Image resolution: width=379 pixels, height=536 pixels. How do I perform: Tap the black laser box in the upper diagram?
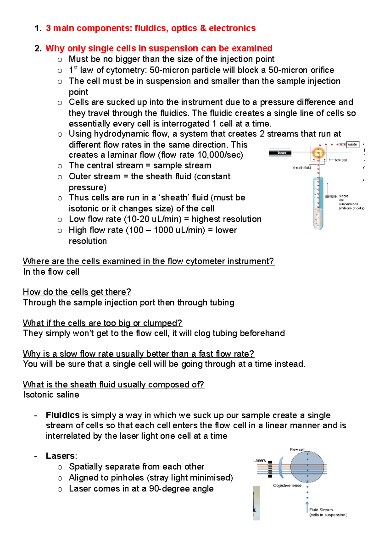(282, 153)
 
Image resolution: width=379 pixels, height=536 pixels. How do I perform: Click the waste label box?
(352, 145)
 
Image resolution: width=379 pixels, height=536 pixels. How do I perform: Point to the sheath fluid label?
(301, 168)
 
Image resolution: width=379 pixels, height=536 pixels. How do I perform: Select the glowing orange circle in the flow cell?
(318, 153)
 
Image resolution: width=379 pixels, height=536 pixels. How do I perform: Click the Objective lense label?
(287, 485)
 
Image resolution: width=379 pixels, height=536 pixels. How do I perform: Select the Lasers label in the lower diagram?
(259, 460)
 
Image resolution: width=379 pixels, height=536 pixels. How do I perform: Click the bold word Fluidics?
(63, 415)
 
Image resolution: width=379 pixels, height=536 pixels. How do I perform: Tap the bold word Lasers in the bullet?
(60, 456)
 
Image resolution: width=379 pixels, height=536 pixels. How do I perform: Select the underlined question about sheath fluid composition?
(113, 384)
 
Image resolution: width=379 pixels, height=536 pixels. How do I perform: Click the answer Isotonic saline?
(51, 395)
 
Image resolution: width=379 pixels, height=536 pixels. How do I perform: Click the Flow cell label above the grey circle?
(297, 449)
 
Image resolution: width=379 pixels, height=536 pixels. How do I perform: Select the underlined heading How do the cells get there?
(77, 292)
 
